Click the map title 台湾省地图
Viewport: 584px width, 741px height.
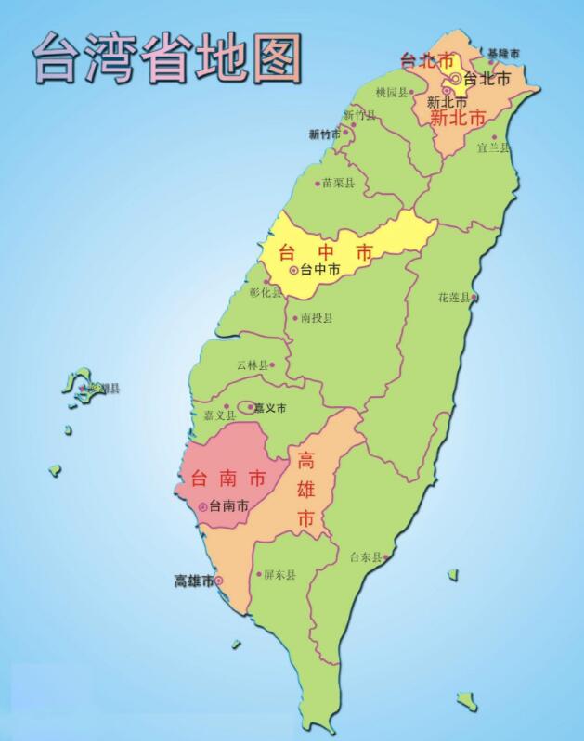(x=168, y=57)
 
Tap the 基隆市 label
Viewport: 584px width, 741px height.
(x=503, y=54)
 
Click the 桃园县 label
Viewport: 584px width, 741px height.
(x=392, y=93)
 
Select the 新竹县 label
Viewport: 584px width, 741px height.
(x=360, y=115)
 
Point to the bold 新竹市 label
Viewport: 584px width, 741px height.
(x=325, y=134)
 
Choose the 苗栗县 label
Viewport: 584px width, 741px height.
(x=338, y=183)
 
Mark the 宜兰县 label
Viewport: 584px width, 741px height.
(x=493, y=147)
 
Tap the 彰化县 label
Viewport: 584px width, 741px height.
(x=266, y=291)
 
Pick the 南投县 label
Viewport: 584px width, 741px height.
(x=317, y=317)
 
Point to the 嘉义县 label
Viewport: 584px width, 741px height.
(x=208, y=415)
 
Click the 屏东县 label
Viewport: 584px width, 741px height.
(x=279, y=574)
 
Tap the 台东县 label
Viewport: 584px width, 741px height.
(x=365, y=557)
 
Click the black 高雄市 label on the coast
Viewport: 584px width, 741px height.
(x=194, y=581)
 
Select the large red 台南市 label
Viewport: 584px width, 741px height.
(x=227, y=479)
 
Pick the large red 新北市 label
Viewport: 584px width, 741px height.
(x=458, y=118)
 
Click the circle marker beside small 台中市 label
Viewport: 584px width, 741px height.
(x=294, y=270)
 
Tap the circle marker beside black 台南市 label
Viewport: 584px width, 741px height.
(x=202, y=506)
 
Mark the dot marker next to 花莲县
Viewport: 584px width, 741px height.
(x=474, y=298)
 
